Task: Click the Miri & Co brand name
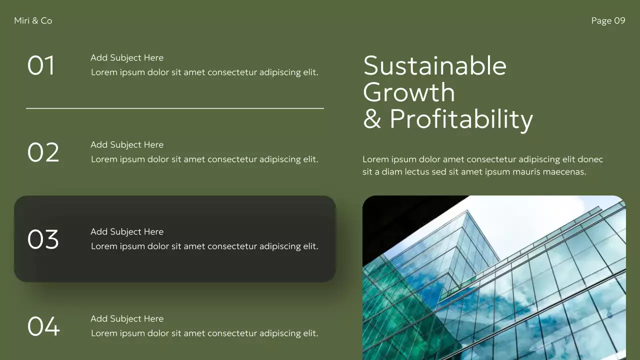(x=33, y=20)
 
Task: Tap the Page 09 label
(x=608, y=20)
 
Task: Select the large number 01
(x=41, y=65)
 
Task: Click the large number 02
(x=43, y=152)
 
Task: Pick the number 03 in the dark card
(x=43, y=239)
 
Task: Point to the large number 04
(x=43, y=326)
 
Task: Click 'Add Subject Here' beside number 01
(x=127, y=58)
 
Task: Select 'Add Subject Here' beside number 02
(x=127, y=145)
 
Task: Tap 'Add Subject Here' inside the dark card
(x=127, y=232)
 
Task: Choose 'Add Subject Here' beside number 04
(x=127, y=319)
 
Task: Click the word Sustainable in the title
(x=435, y=66)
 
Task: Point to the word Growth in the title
(x=409, y=92)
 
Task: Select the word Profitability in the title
(x=461, y=119)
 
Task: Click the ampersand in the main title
(x=372, y=119)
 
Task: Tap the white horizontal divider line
(x=175, y=108)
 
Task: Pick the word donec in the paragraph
(x=590, y=159)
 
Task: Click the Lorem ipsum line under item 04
(x=204, y=333)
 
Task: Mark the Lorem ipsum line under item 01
(x=204, y=72)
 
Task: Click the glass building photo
(x=494, y=277)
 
